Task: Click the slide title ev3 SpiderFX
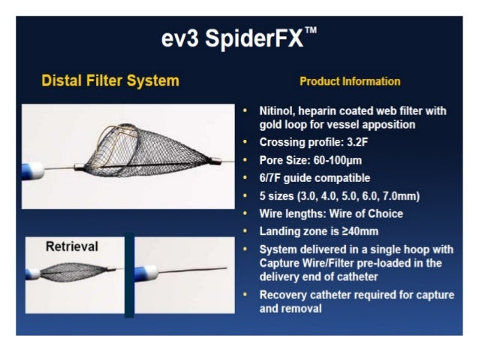[x=233, y=40]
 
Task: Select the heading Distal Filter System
[x=110, y=80]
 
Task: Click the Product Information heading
[x=350, y=81]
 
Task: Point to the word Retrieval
[x=71, y=246]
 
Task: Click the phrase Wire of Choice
[x=368, y=213]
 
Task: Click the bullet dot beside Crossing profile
[x=246, y=142]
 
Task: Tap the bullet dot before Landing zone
[x=246, y=231]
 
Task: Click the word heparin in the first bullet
[x=327, y=110]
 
